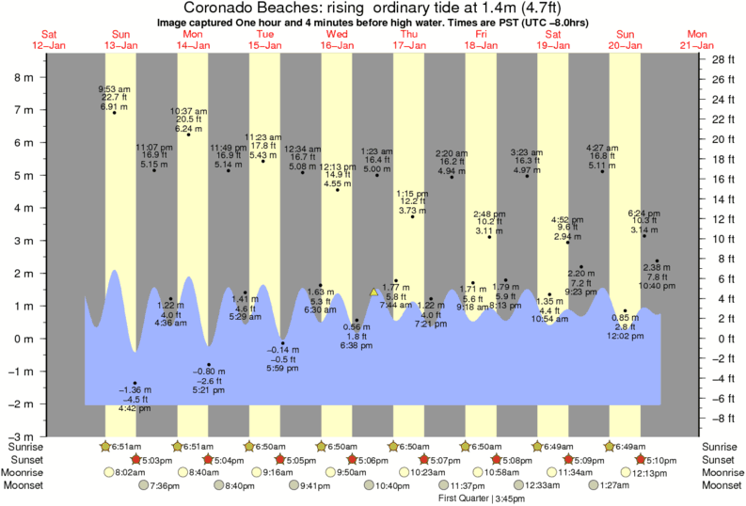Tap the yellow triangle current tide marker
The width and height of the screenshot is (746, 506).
(374, 293)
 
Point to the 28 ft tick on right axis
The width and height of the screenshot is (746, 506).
(721, 59)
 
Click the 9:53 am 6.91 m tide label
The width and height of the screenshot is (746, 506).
(114, 97)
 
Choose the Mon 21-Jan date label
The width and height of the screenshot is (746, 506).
(697, 39)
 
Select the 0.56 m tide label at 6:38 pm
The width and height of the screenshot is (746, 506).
(357, 335)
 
